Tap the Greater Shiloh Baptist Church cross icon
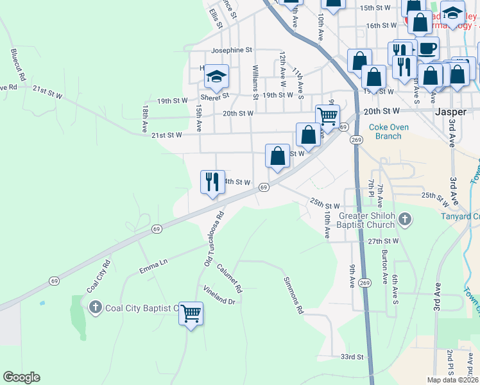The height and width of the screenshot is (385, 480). [x=404, y=220]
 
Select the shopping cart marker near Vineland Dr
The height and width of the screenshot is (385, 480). [x=191, y=314]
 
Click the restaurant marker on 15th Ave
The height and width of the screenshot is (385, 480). [x=212, y=182]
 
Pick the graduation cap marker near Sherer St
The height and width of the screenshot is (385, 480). [x=217, y=77]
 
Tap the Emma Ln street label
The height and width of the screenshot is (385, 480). [x=154, y=262]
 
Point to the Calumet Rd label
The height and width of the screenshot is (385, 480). [x=229, y=278]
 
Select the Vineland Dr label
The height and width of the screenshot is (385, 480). [x=220, y=296]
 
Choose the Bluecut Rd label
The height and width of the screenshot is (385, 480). [x=17, y=64]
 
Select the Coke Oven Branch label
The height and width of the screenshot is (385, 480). [x=388, y=132]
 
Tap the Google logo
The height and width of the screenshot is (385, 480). [x=21, y=377]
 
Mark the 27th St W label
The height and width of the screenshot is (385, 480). [x=384, y=241]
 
